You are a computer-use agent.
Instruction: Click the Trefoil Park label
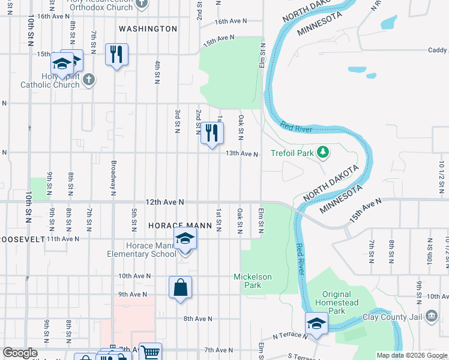click(x=292, y=153)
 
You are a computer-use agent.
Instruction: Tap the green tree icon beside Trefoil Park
click(x=324, y=152)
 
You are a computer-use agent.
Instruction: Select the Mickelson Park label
click(x=253, y=281)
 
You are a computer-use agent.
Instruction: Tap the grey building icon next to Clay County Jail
click(x=431, y=316)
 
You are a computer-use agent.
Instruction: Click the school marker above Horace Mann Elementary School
click(x=185, y=239)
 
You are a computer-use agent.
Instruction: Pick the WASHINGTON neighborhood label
click(x=148, y=29)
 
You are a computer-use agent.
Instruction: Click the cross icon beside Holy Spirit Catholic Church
click(x=88, y=80)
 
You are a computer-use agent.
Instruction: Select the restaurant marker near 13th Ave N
click(x=211, y=133)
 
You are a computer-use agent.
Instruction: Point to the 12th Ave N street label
click(x=164, y=203)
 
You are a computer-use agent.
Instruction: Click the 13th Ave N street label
click(x=241, y=154)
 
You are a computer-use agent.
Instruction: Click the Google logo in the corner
click(x=20, y=353)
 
